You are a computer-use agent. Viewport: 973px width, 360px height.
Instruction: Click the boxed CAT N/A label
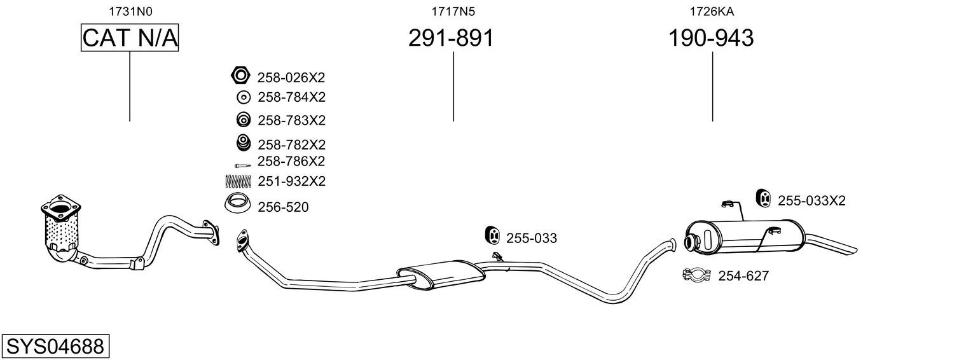(x=130, y=38)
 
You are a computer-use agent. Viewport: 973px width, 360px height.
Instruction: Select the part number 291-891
(x=451, y=38)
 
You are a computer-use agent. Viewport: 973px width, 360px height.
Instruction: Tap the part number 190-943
(x=710, y=38)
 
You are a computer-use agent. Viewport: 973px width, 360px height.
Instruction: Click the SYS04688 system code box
(x=55, y=346)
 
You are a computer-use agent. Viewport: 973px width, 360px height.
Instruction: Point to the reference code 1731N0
(x=130, y=11)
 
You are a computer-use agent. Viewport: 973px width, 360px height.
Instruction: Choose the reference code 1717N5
(x=453, y=11)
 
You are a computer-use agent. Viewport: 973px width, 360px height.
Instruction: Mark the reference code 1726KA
(x=712, y=11)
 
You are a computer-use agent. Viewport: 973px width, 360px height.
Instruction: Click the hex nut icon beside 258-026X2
(x=240, y=75)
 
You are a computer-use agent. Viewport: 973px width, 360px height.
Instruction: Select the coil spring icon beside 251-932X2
(x=238, y=181)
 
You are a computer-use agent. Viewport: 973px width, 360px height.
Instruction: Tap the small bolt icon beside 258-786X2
(x=243, y=165)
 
